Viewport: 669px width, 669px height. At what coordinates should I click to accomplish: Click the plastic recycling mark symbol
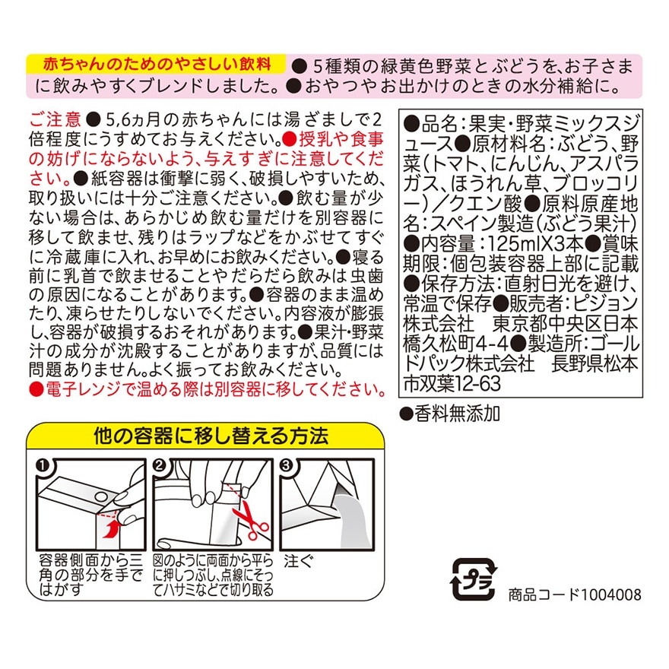tap(473, 579)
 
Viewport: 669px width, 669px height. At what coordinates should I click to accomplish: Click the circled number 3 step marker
tap(287, 464)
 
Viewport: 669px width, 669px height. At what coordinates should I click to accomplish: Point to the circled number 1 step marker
tap(43, 464)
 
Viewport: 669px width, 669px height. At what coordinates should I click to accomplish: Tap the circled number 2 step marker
tap(160, 464)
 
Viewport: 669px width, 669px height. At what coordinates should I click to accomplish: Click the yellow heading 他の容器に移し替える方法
tap(211, 436)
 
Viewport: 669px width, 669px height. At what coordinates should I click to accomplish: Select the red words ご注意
tap(55, 119)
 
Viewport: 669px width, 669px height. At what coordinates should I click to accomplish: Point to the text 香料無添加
tap(458, 414)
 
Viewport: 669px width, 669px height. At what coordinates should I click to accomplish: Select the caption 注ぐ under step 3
tap(298, 561)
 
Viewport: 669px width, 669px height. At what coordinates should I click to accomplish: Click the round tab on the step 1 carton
tap(101, 496)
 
